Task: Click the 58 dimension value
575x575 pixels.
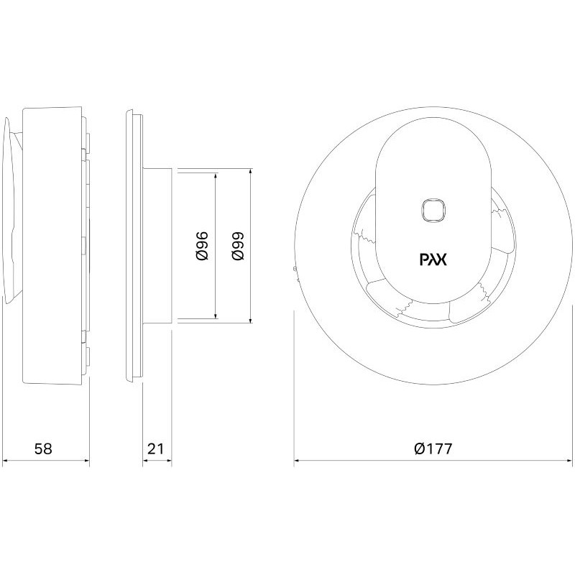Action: click(x=43, y=448)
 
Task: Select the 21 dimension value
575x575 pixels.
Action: click(x=155, y=448)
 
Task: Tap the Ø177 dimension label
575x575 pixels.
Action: click(x=433, y=448)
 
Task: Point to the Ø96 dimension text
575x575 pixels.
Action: click(x=202, y=246)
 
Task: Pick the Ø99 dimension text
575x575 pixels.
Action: click(x=238, y=246)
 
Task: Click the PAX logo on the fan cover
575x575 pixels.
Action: click(x=433, y=260)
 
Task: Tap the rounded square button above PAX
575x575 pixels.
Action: click(x=433, y=211)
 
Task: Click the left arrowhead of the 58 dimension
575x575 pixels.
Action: click(x=6, y=460)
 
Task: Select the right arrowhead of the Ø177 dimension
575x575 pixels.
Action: click(x=568, y=460)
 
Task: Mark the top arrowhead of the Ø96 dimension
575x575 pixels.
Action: click(x=216, y=177)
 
